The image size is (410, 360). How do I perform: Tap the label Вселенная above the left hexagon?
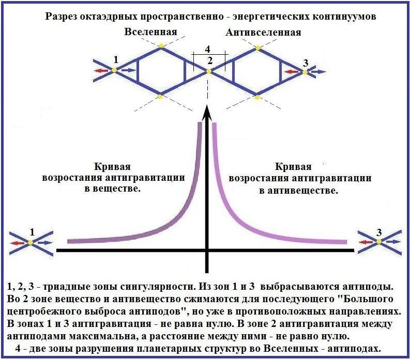150,32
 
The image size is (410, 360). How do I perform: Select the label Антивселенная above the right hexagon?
263,33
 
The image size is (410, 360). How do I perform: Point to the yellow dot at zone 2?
209,71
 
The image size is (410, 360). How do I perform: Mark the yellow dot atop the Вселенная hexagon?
161,46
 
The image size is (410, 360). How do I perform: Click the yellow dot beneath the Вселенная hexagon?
160,96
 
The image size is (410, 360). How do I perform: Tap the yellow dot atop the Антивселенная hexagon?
257,47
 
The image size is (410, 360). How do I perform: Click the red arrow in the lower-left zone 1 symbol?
20,242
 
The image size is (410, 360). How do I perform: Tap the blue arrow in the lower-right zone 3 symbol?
393,242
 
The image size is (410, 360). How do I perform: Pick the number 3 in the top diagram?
306,63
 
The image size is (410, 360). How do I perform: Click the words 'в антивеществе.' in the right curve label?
299,190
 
